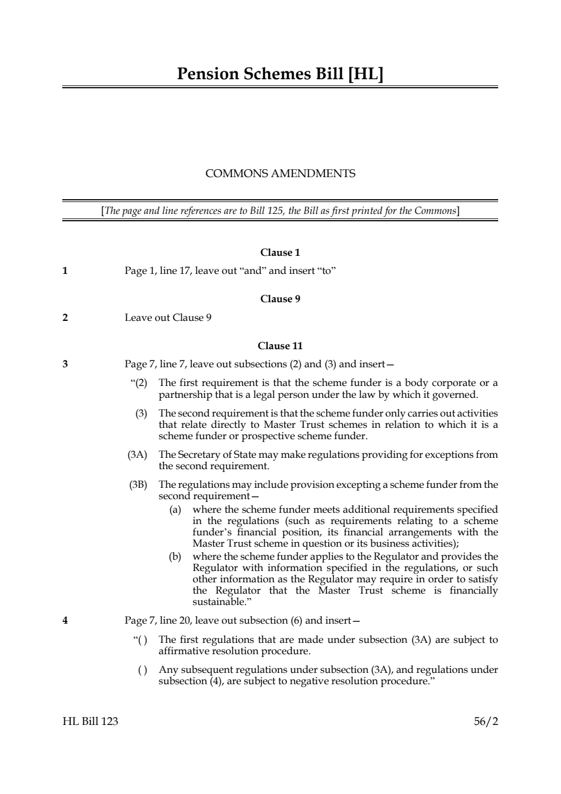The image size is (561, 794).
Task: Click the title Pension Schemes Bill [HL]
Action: coord(280,74)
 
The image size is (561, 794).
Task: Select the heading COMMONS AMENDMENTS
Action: coord(280,174)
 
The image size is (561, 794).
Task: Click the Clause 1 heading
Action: coord(280,252)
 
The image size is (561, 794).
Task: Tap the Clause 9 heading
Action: coord(280,299)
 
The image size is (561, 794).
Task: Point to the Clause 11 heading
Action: coord(280,346)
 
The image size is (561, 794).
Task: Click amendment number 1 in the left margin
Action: coord(65,271)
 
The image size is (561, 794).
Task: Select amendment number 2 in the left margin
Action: coord(65,317)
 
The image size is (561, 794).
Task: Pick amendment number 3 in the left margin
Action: coord(65,364)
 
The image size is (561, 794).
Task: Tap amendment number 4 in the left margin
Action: coord(65,620)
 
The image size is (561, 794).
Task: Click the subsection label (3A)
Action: coord(137,454)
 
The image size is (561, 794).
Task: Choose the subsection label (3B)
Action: coord(137,484)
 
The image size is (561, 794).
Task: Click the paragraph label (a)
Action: coord(175,509)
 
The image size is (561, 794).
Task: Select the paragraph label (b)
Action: coord(175,556)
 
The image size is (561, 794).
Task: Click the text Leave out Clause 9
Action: coord(168,317)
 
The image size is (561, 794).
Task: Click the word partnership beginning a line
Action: coord(185,394)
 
